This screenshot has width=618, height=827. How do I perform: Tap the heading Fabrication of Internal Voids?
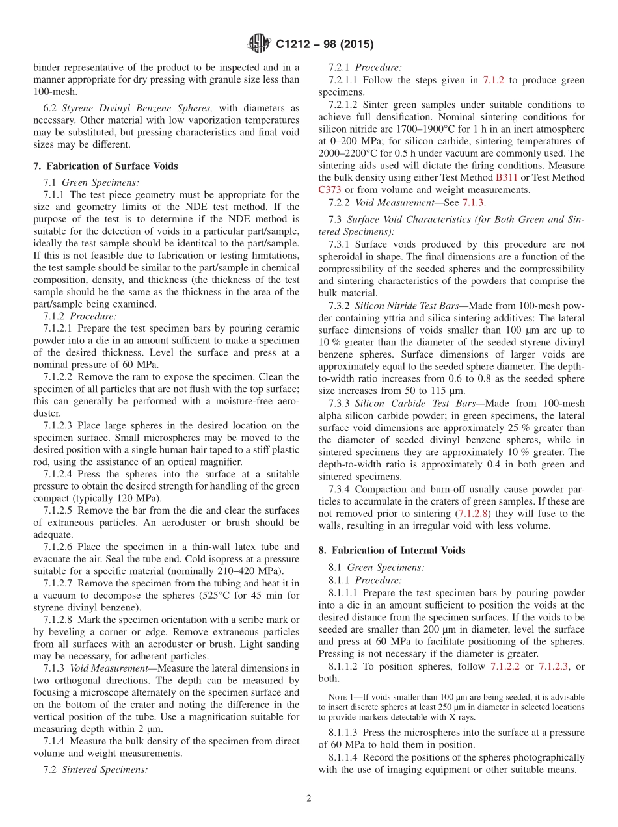pos(392,550)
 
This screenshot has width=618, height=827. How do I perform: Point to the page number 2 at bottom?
pos(308,798)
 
